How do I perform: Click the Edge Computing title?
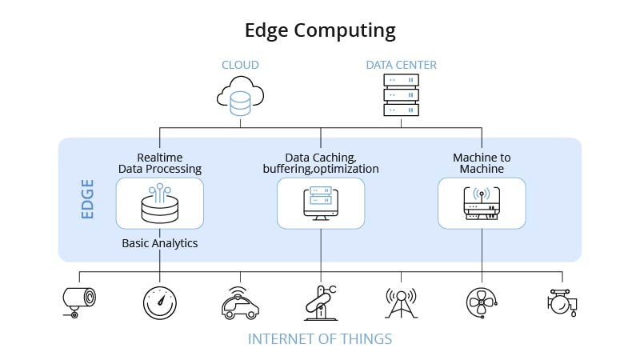click(x=320, y=30)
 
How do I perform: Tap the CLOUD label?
click(x=240, y=65)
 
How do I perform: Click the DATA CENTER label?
click(x=402, y=65)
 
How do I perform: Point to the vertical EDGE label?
click(x=87, y=199)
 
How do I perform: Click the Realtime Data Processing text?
click(x=160, y=163)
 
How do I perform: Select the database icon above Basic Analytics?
click(x=160, y=203)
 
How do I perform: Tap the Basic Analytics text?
click(x=160, y=242)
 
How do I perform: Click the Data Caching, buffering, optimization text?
click(x=321, y=163)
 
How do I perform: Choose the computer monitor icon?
click(x=321, y=203)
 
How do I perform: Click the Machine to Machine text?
click(x=482, y=163)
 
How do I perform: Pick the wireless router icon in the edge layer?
click(x=482, y=203)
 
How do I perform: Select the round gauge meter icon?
click(x=160, y=303)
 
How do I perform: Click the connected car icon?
click(x=239, y=303)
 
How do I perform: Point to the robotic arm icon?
click(x=320, y=302)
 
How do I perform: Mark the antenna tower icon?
click(x=401, y=303)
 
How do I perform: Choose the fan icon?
click(x=482, y=303)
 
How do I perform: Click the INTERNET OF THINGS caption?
click(x=320, y=339)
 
